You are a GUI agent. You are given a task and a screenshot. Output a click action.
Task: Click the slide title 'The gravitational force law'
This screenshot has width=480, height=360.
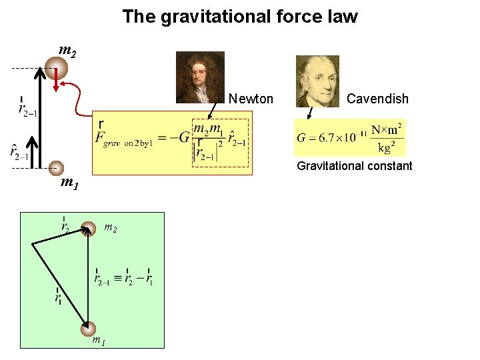click(x=240, y=17)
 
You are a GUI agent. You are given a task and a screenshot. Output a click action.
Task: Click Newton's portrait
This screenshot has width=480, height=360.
click(x=200, y=77)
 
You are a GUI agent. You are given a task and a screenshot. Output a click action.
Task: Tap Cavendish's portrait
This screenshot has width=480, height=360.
click(x=317, y=81)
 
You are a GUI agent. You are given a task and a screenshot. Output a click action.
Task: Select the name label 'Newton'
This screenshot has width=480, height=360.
click(x=251, y=99)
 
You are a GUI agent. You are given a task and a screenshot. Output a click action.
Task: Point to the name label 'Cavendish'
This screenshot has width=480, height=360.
click(x=377, y=99)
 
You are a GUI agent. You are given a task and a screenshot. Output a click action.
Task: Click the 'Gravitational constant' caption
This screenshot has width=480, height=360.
click(x=355, y=166)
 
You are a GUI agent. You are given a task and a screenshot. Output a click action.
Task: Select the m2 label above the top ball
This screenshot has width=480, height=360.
click(x=67, y=50)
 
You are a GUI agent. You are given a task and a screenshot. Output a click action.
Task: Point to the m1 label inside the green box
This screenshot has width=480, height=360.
click(x=97, y=341)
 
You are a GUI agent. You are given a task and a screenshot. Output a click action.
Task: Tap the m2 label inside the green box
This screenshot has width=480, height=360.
click(x=110, y=228)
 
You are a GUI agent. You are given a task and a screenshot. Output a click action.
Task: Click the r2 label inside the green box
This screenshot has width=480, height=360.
click(x=65, y=225)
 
